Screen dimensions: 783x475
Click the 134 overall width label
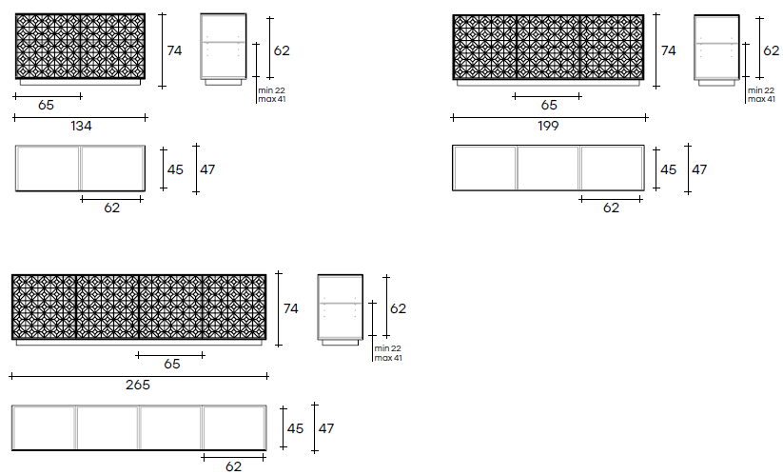point(82,126)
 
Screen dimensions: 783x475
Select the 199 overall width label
point(548,126)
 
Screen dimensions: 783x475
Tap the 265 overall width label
point(138,385)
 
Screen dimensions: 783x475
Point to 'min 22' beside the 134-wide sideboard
point(272,90)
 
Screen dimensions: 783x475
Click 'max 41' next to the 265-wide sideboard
point(388,358)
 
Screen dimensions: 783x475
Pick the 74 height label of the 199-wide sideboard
point(669,50)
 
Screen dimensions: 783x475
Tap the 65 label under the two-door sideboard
point(46,105)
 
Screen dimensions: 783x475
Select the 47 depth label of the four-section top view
point(326,428)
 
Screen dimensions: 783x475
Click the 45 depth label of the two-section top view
point(175,169)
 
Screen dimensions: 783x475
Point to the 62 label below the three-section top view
point(611,208)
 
